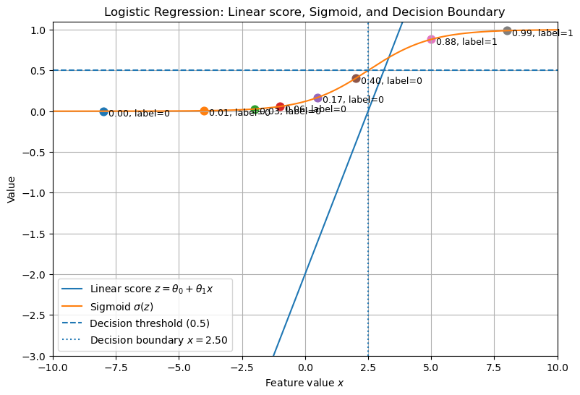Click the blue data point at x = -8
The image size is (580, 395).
pyautogui.click(x=103, y=111)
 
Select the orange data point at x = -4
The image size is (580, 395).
pyautogui.click(x=204, y=111)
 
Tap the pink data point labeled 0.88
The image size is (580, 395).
pyautogui.click(x=431, y=39)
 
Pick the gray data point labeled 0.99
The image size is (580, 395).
pyautogui.click(x=507, y=30)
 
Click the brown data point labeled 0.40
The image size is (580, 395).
pyautogui.click(x=356, y=78)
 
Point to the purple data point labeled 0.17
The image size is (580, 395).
pyautogui.click(x=317, y=98)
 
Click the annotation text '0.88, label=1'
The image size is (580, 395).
pyautogui.click(x=466, y=42)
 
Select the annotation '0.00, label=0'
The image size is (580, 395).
pyautogui.click(x=139, y=114)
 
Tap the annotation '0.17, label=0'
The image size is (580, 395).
pyautogui.click(x=353, y=100)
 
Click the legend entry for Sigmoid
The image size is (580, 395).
pyautogui.click(x=121, y=306)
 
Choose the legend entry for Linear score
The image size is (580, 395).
pyautogui.click(x=151, y=289)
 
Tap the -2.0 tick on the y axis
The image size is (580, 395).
pyautogui.click(x=38, y=274)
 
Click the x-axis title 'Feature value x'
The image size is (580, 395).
pyautogui.click(x=304, y=383)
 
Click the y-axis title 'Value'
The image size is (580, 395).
pyautogui.click(x=11, y=189)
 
